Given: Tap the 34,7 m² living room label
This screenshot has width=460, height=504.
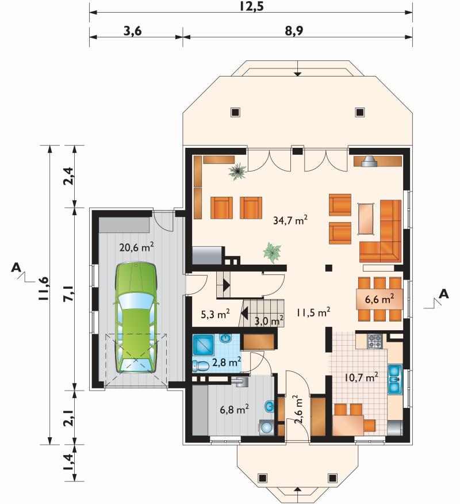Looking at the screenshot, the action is (x=290, y=220).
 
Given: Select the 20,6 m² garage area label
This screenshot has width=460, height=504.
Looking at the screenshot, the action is (x=136, y=247).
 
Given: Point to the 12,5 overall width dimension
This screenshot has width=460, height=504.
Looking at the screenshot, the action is (x=251, y=6).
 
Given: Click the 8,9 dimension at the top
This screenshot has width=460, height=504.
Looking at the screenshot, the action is (x=294, y=31).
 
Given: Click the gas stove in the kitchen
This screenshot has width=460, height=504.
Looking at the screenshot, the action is (x=375, y=341).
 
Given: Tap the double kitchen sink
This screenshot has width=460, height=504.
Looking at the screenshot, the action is (x=394, y=379).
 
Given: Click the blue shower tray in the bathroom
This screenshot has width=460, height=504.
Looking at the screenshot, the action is (x=203, y=345).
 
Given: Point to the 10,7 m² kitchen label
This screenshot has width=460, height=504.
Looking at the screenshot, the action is (x=361, y=377).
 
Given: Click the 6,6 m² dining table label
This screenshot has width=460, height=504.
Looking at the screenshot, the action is (x=379, y=299).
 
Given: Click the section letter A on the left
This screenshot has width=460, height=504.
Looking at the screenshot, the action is (x=16, y=268).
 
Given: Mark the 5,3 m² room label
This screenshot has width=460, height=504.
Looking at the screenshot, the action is (x=215, y=314).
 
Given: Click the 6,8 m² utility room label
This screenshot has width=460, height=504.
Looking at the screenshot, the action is (x=234, y=410).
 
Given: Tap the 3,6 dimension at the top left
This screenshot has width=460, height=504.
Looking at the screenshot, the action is (x=132, y=31).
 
